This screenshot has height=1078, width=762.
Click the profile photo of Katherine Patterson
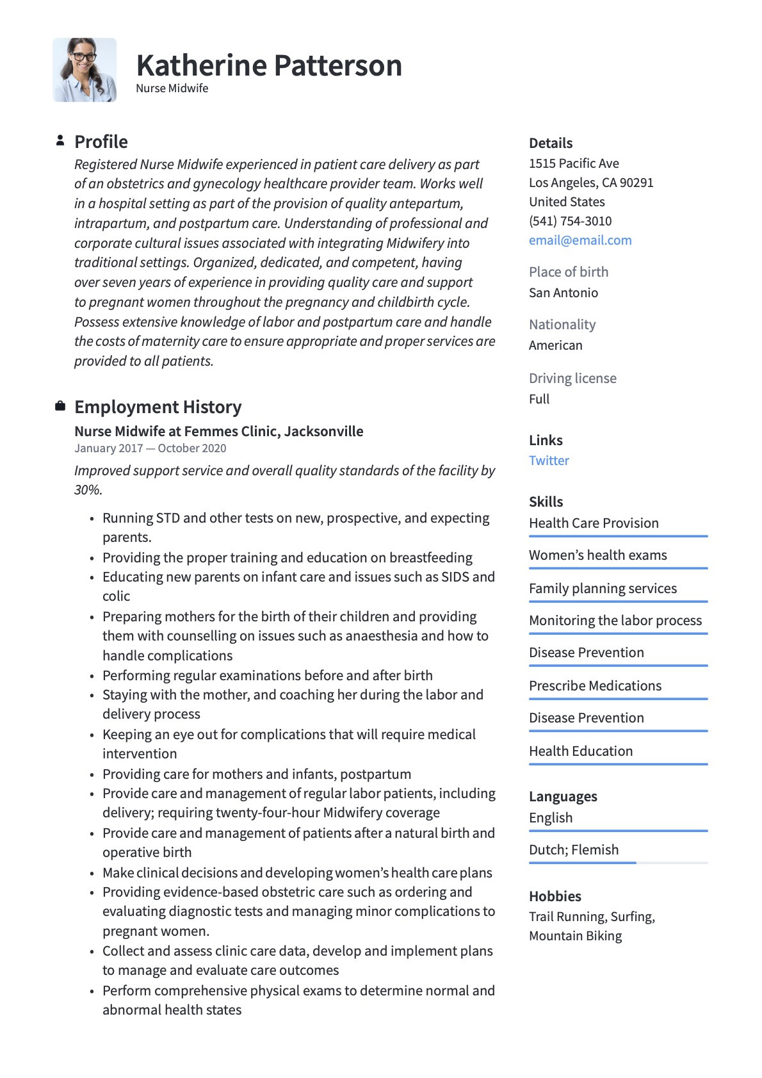[85, 70]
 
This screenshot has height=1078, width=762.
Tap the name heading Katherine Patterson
[269, 65]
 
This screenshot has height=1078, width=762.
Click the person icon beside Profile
[60, 140]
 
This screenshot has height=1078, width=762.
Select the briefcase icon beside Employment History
[60, 406]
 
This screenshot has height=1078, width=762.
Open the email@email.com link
[580, 240]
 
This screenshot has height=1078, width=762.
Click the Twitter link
[549, 461]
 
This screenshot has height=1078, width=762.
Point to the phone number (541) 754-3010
[570, 221]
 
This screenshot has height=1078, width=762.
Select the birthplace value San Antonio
[563, 293]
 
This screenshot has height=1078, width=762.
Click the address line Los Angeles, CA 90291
[591, 183]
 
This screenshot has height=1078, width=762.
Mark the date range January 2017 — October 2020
[150, 448]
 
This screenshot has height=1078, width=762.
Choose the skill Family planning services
[603, 589]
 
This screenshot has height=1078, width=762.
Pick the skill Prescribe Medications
[595, 686]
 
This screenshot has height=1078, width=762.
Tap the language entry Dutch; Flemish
[574, 850]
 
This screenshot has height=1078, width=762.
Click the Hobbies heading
[555, 896]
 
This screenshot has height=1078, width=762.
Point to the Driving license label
[572, 379]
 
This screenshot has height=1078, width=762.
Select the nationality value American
[555, 345]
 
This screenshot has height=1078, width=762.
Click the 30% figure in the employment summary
[88, 490]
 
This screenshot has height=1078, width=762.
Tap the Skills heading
[546, 502]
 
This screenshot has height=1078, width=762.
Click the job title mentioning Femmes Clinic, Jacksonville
[218, 431]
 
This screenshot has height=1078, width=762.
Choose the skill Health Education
[580, 751]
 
